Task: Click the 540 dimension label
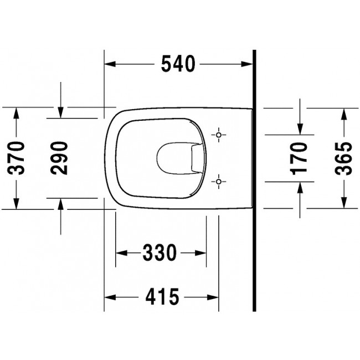(178, 64)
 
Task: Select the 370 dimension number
(16, 158)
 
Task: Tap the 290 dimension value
(59, 158)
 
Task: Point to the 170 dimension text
(300, 158)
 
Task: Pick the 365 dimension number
(343, 158)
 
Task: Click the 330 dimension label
(160, 253)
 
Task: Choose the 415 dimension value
(162, 297)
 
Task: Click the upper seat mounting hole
(219, 135)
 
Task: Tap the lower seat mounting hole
(219, 182)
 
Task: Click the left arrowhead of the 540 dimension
(110, 64)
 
